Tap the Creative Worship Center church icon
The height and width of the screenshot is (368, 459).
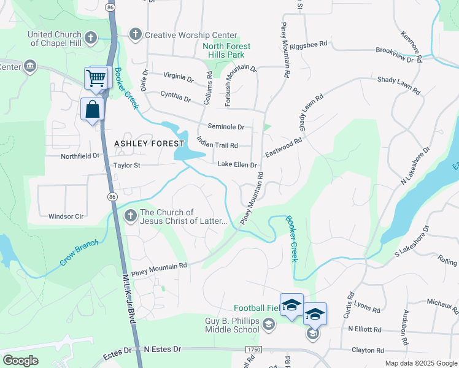pos(136,35)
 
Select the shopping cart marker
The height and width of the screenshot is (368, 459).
pos(96,79)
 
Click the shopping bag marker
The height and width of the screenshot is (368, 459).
pos(93,110)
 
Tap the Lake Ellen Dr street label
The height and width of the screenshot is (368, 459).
pos(237,165)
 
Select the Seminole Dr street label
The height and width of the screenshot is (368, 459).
pos(226,127)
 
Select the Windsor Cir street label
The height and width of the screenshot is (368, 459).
pos(66,217)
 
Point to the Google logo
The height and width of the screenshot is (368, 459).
pos(20,361)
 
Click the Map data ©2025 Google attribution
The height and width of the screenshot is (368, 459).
pos(420,363)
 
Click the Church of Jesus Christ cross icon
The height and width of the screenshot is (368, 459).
pos(130,216)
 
